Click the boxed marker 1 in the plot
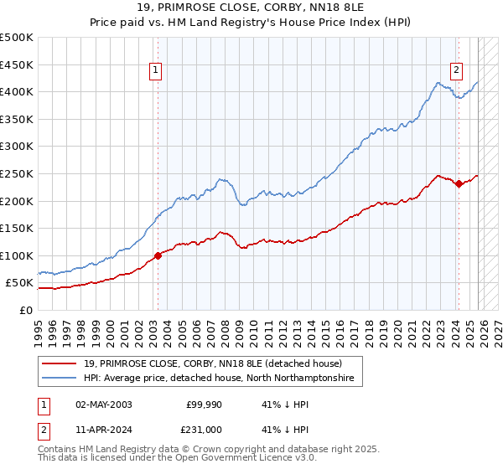coord(157,71)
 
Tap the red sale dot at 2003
coord(158,255)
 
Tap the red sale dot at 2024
coord(459,184)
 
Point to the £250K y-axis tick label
coord(16,173)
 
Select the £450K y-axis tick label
coord(16,64)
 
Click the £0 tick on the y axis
coord(25,310)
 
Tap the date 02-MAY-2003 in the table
coord(103,405)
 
